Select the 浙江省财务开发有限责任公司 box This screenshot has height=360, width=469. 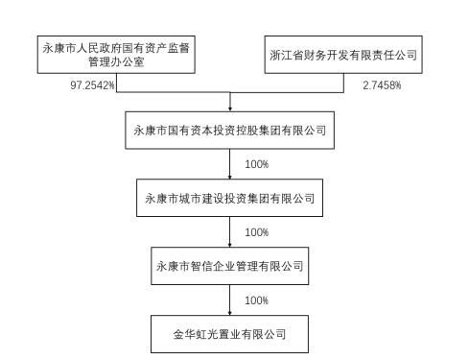tap(344, 55)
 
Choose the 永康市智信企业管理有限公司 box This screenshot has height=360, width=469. tap(230, 267)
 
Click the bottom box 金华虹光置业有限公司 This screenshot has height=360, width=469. tap(230, 335)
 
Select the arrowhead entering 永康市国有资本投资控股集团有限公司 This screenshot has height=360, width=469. tap(230, 108)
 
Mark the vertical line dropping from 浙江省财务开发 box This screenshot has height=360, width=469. tap(344, 84)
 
